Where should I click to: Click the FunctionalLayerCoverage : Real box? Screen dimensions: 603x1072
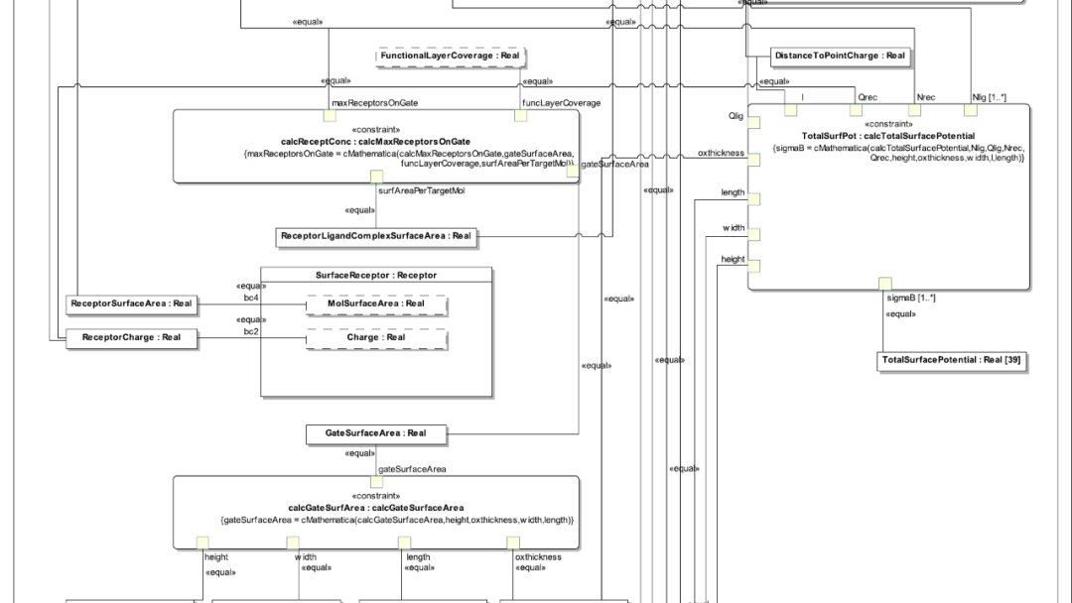(x=450, y=57)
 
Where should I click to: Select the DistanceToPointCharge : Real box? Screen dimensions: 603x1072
(x=840, y=56)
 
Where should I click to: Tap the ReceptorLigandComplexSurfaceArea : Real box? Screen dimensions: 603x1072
(x=376, y=236)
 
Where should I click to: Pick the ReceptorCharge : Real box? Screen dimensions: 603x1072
(x=131, y=338)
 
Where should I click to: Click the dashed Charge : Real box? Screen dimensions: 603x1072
(x=376, y=338)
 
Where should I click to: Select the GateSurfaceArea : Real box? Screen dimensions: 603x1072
(x=375, y=433)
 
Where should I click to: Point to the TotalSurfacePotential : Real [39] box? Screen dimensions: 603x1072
(x=950, y=360)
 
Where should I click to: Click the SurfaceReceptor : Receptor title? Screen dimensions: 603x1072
(x=376, y=275)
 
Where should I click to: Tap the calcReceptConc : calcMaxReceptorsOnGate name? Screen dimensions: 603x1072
(x=375, y=142)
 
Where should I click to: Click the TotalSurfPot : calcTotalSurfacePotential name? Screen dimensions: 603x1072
(x=887, y=135)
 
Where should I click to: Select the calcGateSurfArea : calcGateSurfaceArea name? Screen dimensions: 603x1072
(x=376, y=507)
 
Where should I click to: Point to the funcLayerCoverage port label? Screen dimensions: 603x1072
(x=561, y=102)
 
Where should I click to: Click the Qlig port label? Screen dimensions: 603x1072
(x=736, y=116)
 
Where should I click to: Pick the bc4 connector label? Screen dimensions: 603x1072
(x=251, y=297)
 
